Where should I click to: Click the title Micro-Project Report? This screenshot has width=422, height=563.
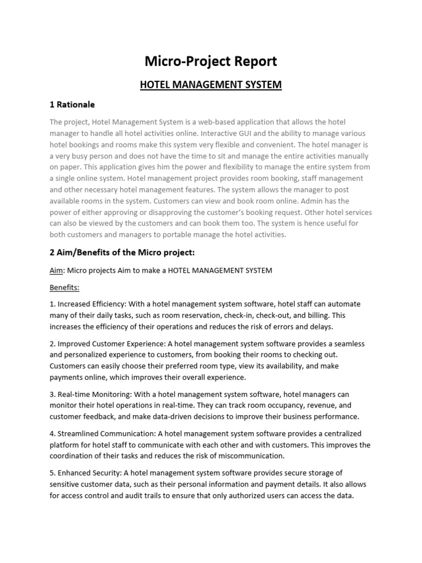pos(210,62)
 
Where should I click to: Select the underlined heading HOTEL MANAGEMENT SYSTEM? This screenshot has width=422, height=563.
pos(210,85)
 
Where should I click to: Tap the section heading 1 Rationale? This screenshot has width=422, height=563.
pos(72,104)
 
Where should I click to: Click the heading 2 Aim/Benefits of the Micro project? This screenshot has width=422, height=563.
pos(123,252)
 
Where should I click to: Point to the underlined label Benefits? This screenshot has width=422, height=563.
pos(64,288)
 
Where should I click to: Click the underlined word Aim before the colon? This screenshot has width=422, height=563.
pos(56,271)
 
